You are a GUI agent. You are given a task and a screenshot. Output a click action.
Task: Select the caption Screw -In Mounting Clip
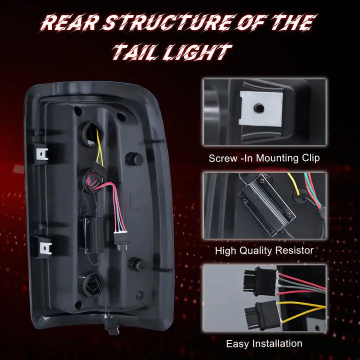point(264,158)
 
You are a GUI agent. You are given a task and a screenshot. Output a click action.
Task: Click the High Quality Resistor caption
point(264,250)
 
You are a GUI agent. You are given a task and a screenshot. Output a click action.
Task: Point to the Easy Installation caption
point(264,343)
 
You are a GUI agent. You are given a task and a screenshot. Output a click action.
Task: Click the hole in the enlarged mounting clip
point(259,108)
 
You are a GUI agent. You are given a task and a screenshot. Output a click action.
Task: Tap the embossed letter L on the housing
point(133,202)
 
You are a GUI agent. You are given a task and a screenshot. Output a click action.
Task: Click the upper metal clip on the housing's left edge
point(42,154)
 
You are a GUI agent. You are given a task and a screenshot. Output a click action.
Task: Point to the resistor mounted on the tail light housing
point(92,235)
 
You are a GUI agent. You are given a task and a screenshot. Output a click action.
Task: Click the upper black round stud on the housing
point(134,158)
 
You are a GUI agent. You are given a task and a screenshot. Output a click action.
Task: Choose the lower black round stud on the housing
point(136,264)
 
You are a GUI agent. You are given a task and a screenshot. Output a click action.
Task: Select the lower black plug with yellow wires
point(261,315)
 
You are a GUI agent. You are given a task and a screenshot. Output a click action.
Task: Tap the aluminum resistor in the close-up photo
point(266,205)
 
